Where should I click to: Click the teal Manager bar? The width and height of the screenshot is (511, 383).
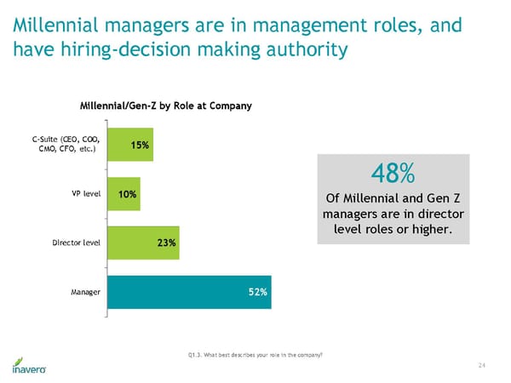coord(189,292)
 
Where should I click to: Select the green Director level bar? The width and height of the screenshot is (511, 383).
coord(143,243)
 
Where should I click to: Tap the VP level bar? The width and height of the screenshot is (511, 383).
coord(124,194)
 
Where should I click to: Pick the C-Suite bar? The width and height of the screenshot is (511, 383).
coord(131,146)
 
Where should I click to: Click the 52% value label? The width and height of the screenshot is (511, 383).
coord(258,292)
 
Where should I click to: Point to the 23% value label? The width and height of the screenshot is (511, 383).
coord(166,243)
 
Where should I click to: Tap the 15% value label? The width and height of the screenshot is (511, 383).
coord(141,146)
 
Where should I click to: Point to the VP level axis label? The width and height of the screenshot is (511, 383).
coord(87,194)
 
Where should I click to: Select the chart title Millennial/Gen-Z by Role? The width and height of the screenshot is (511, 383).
coord(165,106)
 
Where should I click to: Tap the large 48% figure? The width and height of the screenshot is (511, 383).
coord(393,174)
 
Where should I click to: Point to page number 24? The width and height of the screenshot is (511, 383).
coord(482,365)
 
